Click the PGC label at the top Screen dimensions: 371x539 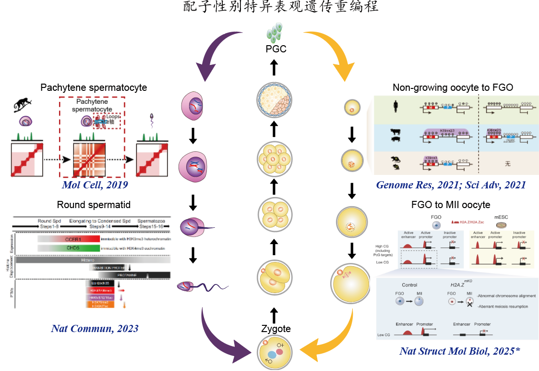(275, 49)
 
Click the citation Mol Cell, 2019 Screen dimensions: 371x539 (95, 185)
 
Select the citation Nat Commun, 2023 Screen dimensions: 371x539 (95, 329)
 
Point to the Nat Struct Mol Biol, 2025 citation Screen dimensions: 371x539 (459, 351)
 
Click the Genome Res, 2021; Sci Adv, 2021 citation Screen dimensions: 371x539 (451, 185)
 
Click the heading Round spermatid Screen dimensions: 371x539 (94, 205)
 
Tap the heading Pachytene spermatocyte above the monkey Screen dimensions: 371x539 (94, 88)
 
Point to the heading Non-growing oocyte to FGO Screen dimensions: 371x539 (453, 87)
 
